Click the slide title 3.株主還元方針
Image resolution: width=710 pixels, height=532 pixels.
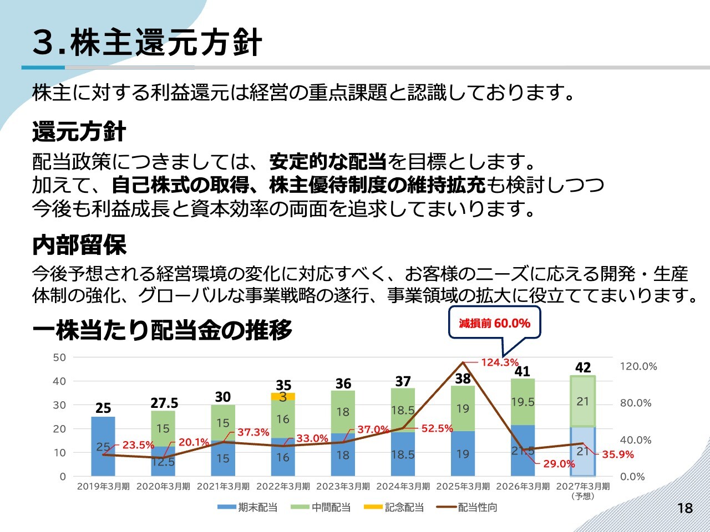(x=147, y=42)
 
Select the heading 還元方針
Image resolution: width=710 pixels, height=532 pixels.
(x=79, y=132)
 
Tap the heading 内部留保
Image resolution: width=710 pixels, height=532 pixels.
(x=79, y=245)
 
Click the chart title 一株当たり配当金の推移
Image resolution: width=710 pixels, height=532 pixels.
(x=163, y=330)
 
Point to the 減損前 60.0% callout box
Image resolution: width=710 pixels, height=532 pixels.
(x=494, y=323)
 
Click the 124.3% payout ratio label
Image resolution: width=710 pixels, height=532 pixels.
(x=500, y=362)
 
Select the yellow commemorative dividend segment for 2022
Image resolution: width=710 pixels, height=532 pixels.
(x=283, y=396)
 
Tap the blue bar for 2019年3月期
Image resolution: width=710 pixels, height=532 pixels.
(x=103, y=447)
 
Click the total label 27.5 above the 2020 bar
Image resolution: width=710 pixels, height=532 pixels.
(x=164, y=403)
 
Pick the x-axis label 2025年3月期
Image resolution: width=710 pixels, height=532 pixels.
(x=463, y=486)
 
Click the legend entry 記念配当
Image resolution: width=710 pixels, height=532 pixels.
(x=394, y=508)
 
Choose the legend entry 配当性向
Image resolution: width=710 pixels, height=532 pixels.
(x=466, y=508)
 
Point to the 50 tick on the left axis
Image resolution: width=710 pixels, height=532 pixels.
(x=59, y=357)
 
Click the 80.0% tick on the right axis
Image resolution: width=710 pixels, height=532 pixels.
(x=636, y=403)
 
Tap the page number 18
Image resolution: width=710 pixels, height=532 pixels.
(x=685, y=508)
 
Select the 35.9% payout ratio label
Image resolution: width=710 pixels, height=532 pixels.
(x=618, y=454)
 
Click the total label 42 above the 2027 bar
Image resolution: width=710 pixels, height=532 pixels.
(x=583, y=367)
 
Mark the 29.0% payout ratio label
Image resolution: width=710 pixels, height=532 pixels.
(x=559, y=464)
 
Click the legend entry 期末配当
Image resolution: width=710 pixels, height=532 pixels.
(x=247, y=508)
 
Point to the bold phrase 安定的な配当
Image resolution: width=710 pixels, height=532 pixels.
(x=328, y=161)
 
